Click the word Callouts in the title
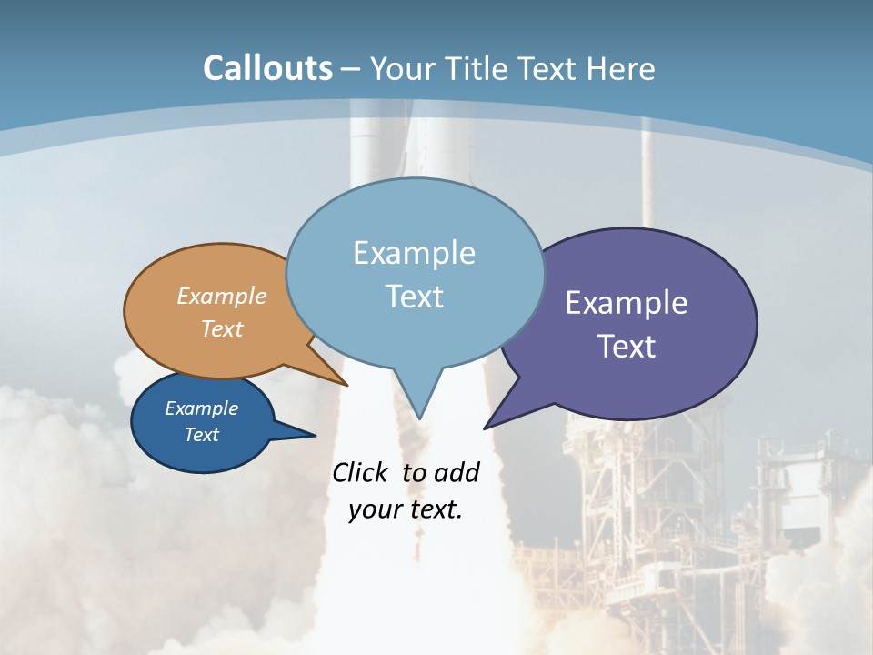click(267, 68)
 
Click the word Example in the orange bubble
click(222, 296)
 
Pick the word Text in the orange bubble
click(222, 328)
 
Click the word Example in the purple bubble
click(627, 302)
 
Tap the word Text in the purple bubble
click(627, 346)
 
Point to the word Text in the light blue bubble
click(414, 296)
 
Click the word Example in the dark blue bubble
click(201, 408)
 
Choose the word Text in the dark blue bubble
click(201, 435)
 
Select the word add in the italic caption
click(457, 472)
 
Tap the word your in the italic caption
click(374, 509)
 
